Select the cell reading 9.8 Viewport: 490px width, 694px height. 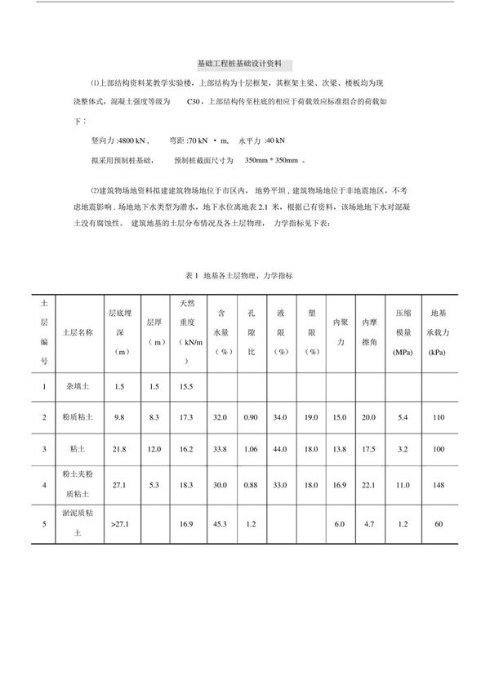(x=118, y=416)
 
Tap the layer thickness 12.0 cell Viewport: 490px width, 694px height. (x=154, y=449)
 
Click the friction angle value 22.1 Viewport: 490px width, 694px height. (x=368, y=484)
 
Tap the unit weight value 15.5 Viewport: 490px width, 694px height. (x=187, y=385)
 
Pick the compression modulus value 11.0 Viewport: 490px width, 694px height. (x=402, y=484)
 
